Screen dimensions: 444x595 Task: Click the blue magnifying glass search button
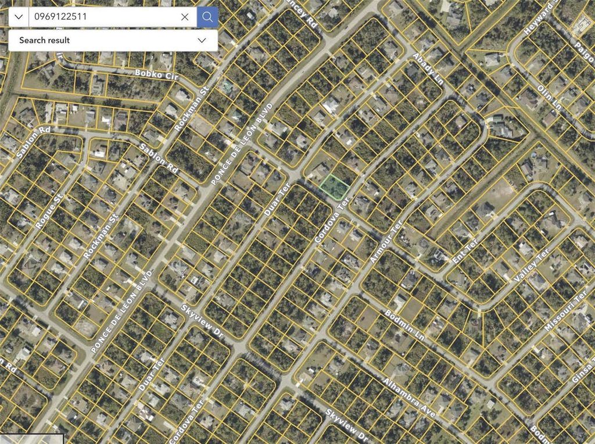tap(207, 17)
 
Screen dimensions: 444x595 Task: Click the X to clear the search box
tap(185, 17)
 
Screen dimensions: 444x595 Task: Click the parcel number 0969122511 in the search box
tap(60, 17)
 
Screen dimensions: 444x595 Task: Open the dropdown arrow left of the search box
tap(19, 17)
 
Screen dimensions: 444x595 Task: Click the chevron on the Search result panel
tap(202, 40)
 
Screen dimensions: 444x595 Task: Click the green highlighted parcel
tap(335, 187)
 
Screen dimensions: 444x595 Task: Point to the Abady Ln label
tap(427, 69)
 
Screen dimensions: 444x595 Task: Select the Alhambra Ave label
tap(409, 398)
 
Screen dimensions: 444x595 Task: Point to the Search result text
tap(44, 40)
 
